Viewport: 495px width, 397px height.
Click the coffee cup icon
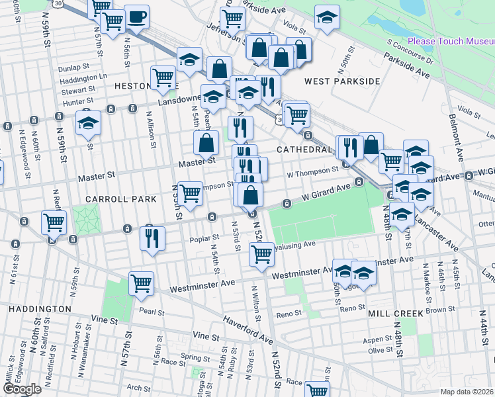(x=137, y=17)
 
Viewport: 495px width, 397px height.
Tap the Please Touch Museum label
(x=450, y=41)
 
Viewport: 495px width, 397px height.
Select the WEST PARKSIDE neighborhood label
(x=342, y=81)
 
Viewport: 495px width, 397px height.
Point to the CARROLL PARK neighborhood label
(x=120, y=198)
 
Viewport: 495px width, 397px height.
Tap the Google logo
(x=21, y=389)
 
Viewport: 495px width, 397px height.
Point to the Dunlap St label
(x=73, y=67)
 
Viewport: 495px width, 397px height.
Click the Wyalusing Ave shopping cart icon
(x=262, y=253)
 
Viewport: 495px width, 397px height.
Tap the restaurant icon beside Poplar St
(x=152, y=238)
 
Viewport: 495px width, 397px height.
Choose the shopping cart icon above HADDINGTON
(x=142, y=283)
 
